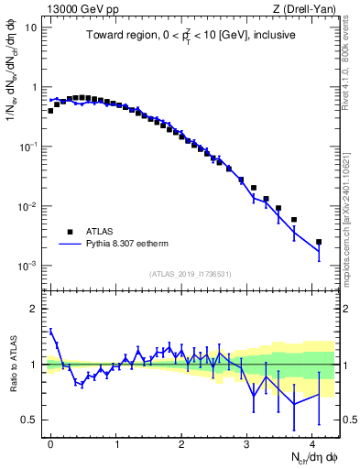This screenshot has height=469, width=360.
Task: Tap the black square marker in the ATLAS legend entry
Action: [x=70, y=232]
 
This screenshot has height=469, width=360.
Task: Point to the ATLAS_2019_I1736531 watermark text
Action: [x=191, y=273]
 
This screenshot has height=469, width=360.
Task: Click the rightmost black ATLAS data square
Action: [x=319, y=242]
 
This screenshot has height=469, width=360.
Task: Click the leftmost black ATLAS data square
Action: [x=50, y=111]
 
